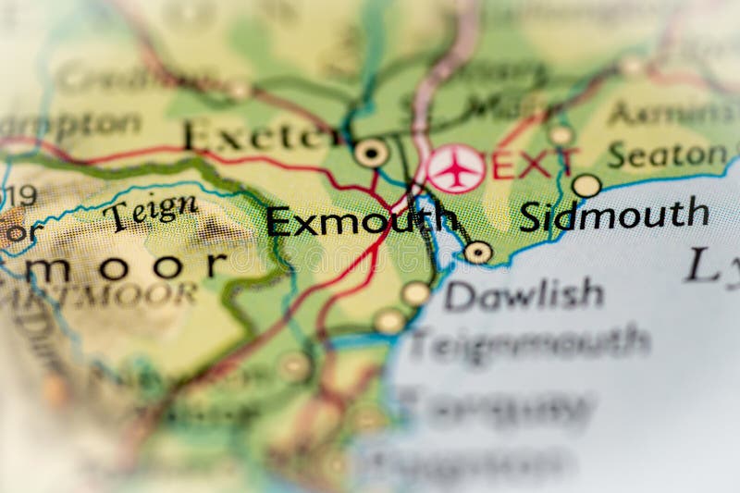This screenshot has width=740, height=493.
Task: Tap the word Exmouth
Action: (361, 221)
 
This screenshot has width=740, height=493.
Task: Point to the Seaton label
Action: (667, 154)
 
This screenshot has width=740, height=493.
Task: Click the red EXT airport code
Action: (535, 165)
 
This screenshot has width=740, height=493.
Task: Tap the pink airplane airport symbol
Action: (455, 169)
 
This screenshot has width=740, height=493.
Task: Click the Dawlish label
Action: (524, 295)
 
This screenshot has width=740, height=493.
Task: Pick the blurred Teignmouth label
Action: (529, 341)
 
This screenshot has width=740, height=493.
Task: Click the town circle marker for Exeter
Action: (371, 153)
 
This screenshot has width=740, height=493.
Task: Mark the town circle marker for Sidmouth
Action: (586, 186)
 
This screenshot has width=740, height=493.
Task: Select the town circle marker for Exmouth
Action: (477, 252)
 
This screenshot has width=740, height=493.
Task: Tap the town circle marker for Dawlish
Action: (415, 293)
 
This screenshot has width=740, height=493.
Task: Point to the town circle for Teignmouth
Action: (389, 321)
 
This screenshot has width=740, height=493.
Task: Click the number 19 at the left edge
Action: (20, 196)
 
